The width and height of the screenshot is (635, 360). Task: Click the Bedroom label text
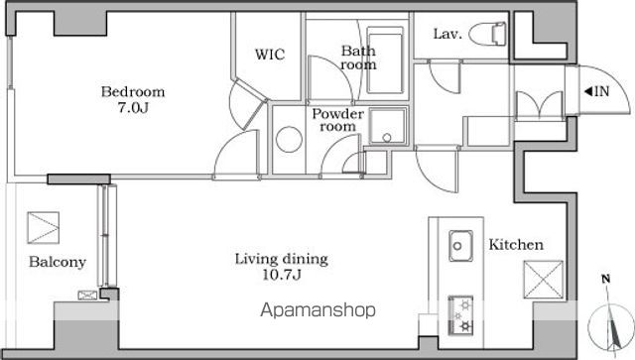pos(133,92)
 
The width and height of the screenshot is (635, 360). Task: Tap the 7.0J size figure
pos(133,108)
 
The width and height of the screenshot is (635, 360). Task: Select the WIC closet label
pos(270,55)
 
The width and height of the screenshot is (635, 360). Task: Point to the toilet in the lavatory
pos(487,34)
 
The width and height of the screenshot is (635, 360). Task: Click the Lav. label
pos(447,34)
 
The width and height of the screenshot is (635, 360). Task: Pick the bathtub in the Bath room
pos(385,60)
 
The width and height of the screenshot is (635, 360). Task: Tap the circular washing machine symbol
pos(289,139)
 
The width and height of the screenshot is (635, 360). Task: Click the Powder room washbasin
pos(388,126)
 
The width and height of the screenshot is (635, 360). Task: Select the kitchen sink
pos(460,245)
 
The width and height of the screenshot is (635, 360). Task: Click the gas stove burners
pos(460,315)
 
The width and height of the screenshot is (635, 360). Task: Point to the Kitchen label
pos(516,245)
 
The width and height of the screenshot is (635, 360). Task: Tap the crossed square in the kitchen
pos(544,280)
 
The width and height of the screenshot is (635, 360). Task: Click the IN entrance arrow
pos(597,91)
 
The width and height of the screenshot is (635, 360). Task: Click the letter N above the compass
pos(606,279)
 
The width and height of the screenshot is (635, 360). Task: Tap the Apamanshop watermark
pos(317,310)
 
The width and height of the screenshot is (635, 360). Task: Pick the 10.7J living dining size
pos(282,275)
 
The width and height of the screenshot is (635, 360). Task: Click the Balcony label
pos(58,263)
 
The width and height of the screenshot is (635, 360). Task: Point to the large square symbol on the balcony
pos(44,228)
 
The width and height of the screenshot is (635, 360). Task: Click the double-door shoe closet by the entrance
pos(540,106)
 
